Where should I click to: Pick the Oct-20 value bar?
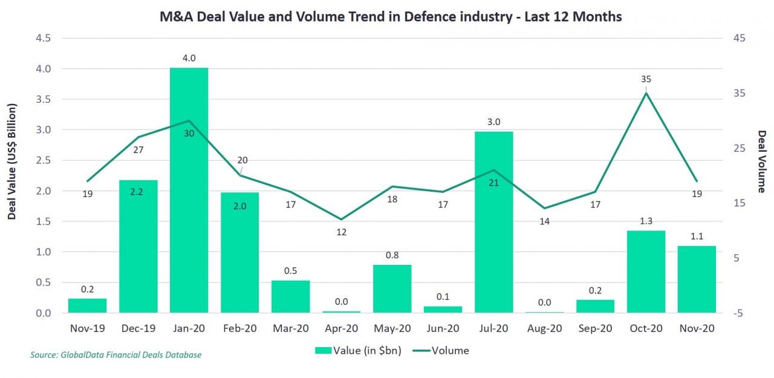tap(646, 272)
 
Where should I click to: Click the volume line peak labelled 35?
tap(646, 93)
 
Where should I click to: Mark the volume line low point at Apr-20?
tap(341, 219)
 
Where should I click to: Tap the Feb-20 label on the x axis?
tap(240, 328)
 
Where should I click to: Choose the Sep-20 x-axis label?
tap(595, 328)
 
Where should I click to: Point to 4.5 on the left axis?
tap(44, 38)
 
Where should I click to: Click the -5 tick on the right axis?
tap(739, 313)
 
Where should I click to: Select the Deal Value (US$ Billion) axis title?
tap(11, 161)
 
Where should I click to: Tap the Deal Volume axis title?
tap(761, 161)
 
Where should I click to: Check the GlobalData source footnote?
tap(115, 355)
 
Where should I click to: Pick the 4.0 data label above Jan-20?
tap(189, 59)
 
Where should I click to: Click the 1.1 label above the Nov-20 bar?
tap(697, 236)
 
